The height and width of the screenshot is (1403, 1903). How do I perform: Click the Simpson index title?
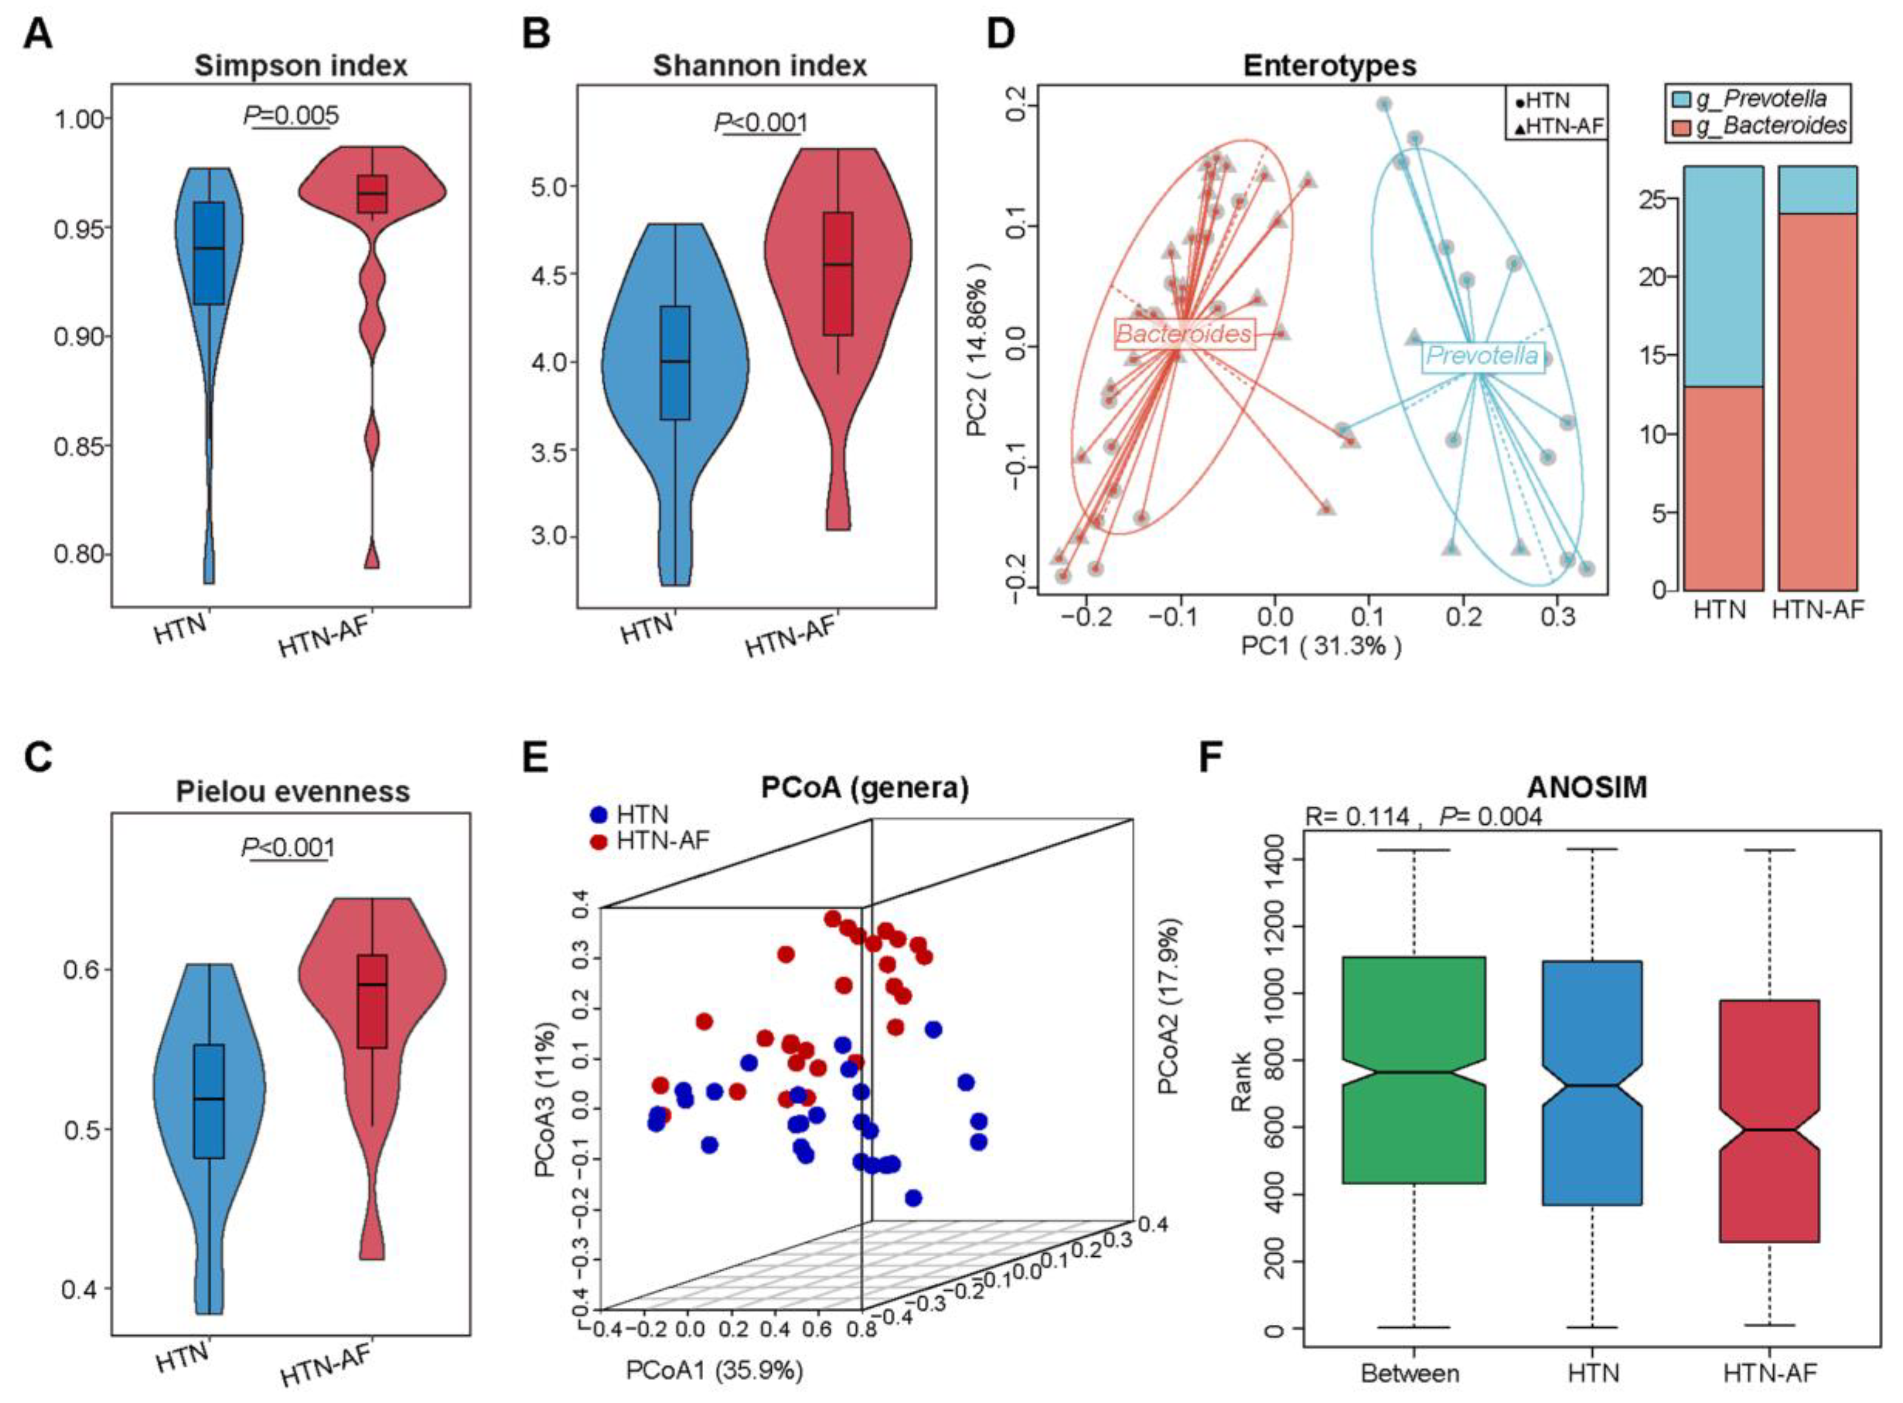301,65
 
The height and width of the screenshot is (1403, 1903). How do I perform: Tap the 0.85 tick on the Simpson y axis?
81,446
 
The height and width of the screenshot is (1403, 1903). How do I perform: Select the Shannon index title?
759,65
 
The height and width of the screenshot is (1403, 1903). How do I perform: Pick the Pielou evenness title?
293,791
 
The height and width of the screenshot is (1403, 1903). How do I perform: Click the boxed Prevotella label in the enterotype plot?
1482,355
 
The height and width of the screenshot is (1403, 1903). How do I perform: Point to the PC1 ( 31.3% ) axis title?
1321,646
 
